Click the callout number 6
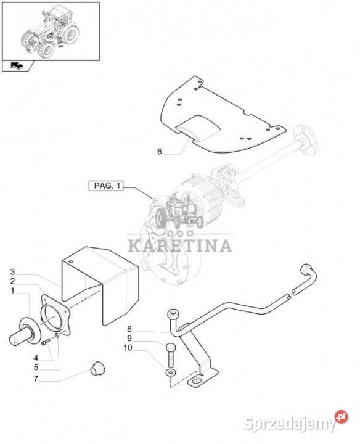[159, 152]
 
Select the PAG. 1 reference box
[106, 186]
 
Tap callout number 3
[12, 272]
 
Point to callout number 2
[12, 281]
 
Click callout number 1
[12, 291]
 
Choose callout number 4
[36, 358]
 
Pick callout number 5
[36, 368]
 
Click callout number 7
[36, 379]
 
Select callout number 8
[129, 329]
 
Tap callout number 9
[129, 338]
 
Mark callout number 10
[128, 347]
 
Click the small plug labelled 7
[97, 368]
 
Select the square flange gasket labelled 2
[55, 314]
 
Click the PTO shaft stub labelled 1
[25, 332]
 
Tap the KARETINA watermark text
[180, 245]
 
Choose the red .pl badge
[341, 417]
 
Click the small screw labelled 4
[45, 343]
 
